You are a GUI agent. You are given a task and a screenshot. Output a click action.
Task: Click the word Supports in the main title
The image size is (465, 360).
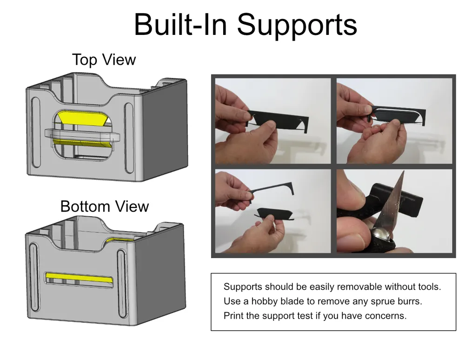point(298,26)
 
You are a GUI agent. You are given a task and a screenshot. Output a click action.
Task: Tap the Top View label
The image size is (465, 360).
point(104,60)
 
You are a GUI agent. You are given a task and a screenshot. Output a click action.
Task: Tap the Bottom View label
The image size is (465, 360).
point(105,206)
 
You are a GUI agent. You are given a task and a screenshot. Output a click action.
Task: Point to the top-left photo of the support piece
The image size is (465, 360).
point(272,120)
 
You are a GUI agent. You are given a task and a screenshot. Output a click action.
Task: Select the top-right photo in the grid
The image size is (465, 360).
point(394,120)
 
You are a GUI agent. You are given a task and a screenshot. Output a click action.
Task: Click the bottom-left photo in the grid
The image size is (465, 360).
point(272,211)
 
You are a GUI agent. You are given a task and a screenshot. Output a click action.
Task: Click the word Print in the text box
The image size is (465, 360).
point(233,316)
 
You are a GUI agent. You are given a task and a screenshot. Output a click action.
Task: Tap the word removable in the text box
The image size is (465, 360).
point(358,287)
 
